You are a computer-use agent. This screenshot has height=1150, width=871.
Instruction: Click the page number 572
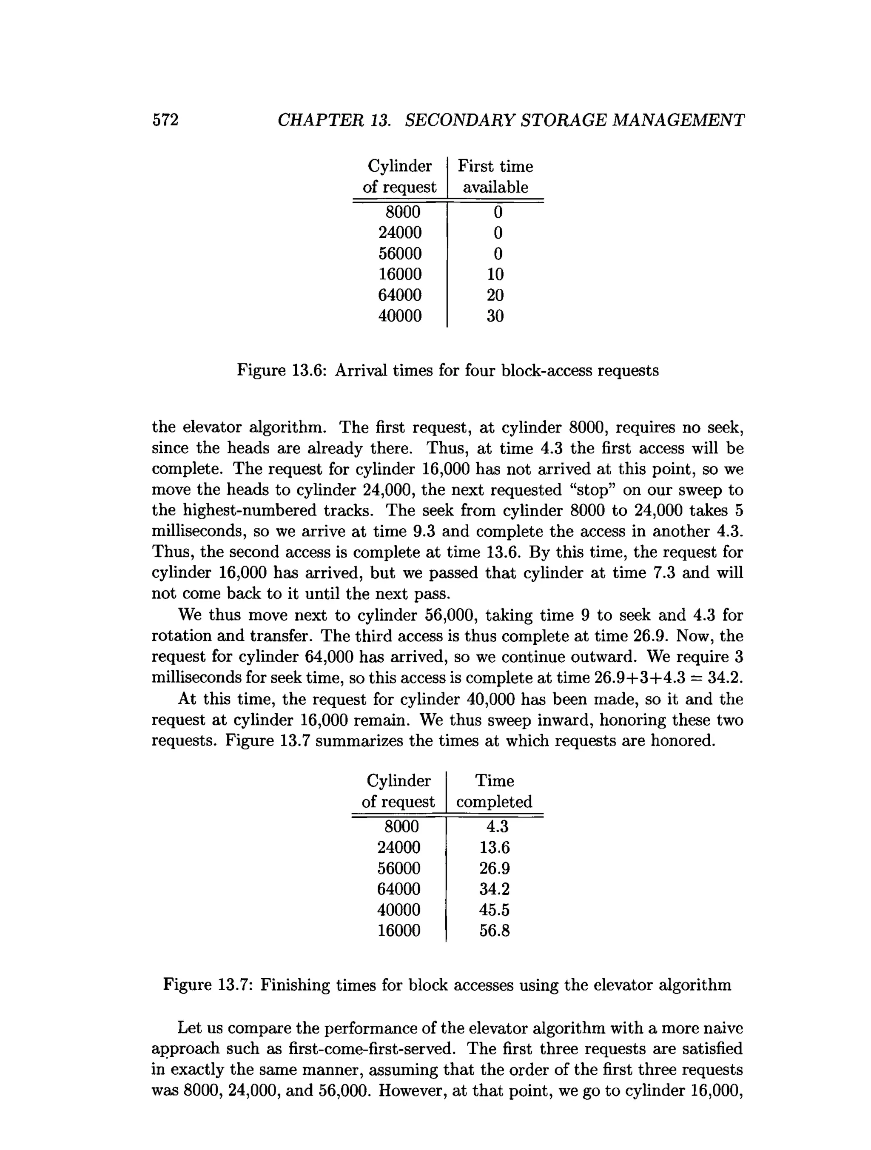165,120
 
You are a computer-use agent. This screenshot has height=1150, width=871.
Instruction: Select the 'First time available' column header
495,176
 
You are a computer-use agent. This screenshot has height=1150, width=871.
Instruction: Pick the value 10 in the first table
495,274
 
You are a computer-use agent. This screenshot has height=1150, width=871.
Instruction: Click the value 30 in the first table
495,316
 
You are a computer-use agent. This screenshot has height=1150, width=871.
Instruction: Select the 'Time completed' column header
494,791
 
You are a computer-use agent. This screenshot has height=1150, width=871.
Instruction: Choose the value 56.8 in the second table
495,930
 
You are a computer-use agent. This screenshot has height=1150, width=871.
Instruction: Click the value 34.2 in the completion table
495,888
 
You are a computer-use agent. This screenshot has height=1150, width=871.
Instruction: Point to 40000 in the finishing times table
398,909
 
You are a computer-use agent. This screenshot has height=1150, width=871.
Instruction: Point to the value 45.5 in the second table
495,909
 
